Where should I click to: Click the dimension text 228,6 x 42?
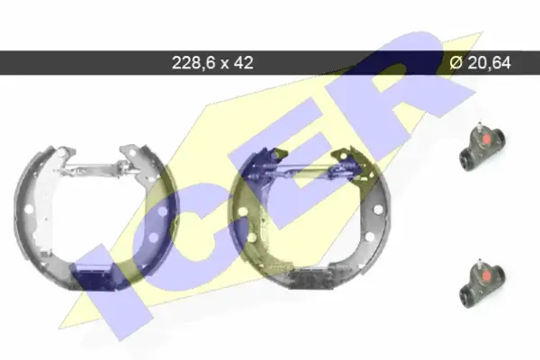coord(212,63)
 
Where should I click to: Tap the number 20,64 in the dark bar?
coord(489,63)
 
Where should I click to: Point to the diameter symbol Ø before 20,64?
coord(456,63)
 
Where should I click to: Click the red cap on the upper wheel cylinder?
coord(486,139)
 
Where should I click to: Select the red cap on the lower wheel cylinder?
coord(486,275)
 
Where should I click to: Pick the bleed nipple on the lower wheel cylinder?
coord(480,263)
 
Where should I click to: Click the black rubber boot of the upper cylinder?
coord(467,160)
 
